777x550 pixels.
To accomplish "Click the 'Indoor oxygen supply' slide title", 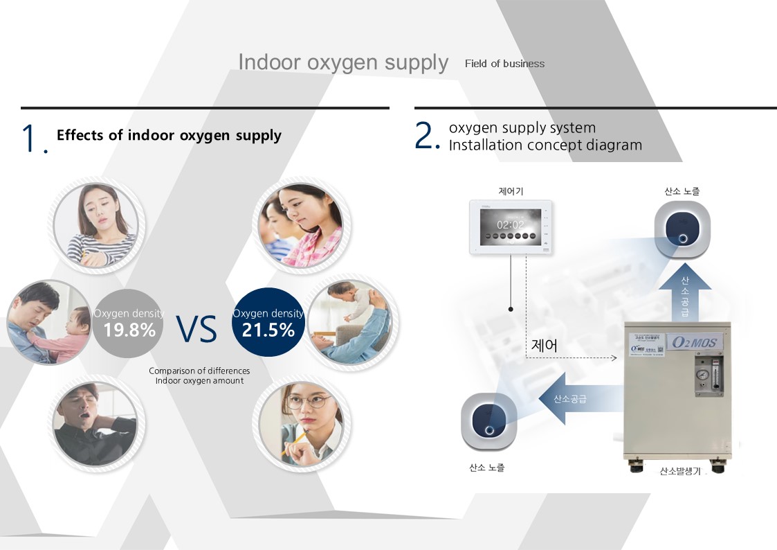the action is [343, 62].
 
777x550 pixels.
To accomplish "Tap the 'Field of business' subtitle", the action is [504, 64].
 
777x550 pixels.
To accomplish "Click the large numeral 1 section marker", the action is [30, 138].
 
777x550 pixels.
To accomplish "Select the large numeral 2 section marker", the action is [426, 135].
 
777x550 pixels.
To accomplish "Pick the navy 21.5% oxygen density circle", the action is [268, 323].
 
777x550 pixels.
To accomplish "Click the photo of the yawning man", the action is [95, 423].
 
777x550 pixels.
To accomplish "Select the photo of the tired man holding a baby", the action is [48, 322].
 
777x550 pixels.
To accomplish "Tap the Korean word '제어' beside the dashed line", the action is [545, 345].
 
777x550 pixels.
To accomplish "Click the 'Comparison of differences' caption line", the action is [199, 371].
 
